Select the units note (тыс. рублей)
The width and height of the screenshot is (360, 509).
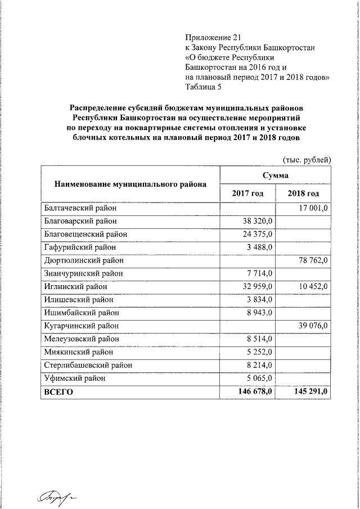[x=306, y=159]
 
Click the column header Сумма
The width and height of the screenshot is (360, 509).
[x=276, y=175]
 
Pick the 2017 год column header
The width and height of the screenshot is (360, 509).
[x=247, y=193]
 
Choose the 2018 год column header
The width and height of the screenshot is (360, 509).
[x=303, y=193]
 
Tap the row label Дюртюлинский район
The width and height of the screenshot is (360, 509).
[x=83, y=260]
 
